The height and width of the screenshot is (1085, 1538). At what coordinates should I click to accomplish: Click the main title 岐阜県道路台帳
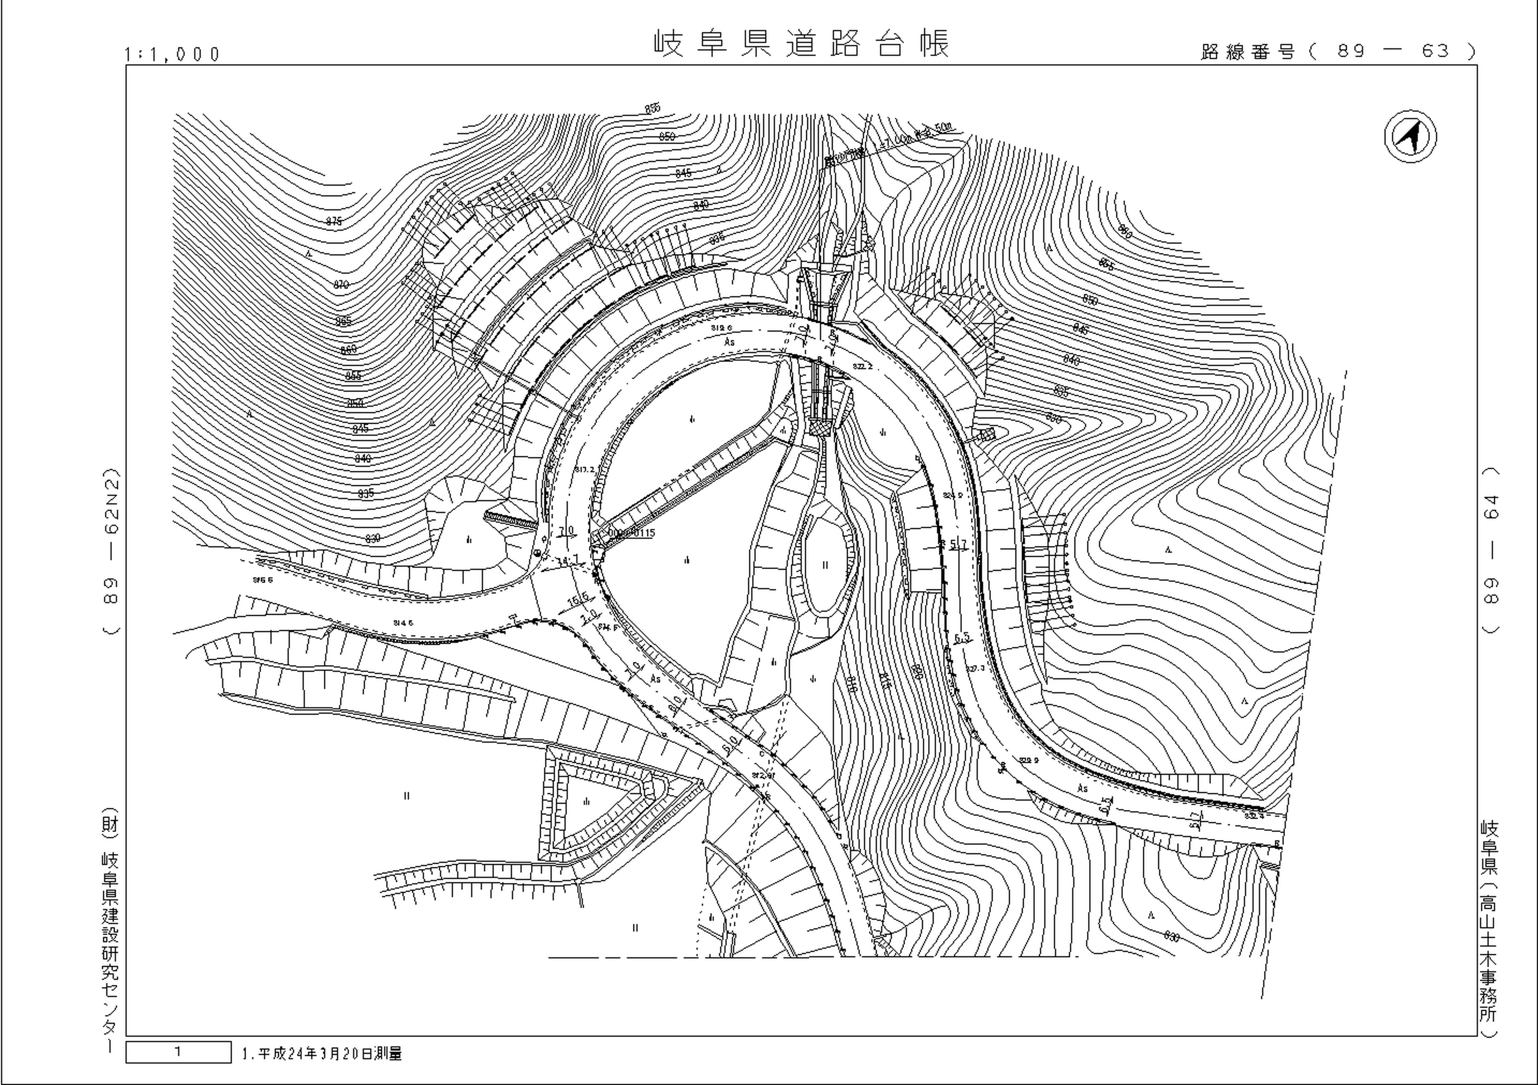pyautogui.click(x=801, y=44)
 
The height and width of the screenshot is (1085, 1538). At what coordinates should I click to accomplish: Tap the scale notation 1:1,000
pyautogui.click(x=172, y=54)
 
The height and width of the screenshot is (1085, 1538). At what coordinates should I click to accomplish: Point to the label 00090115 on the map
pyautogui.click(x=631, y=534)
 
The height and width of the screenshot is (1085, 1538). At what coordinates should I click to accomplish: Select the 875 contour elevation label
pyautogui.click(x=333, y=222)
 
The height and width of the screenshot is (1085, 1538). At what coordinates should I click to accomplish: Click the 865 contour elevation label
pyautogui.click(x=343, y=322)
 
